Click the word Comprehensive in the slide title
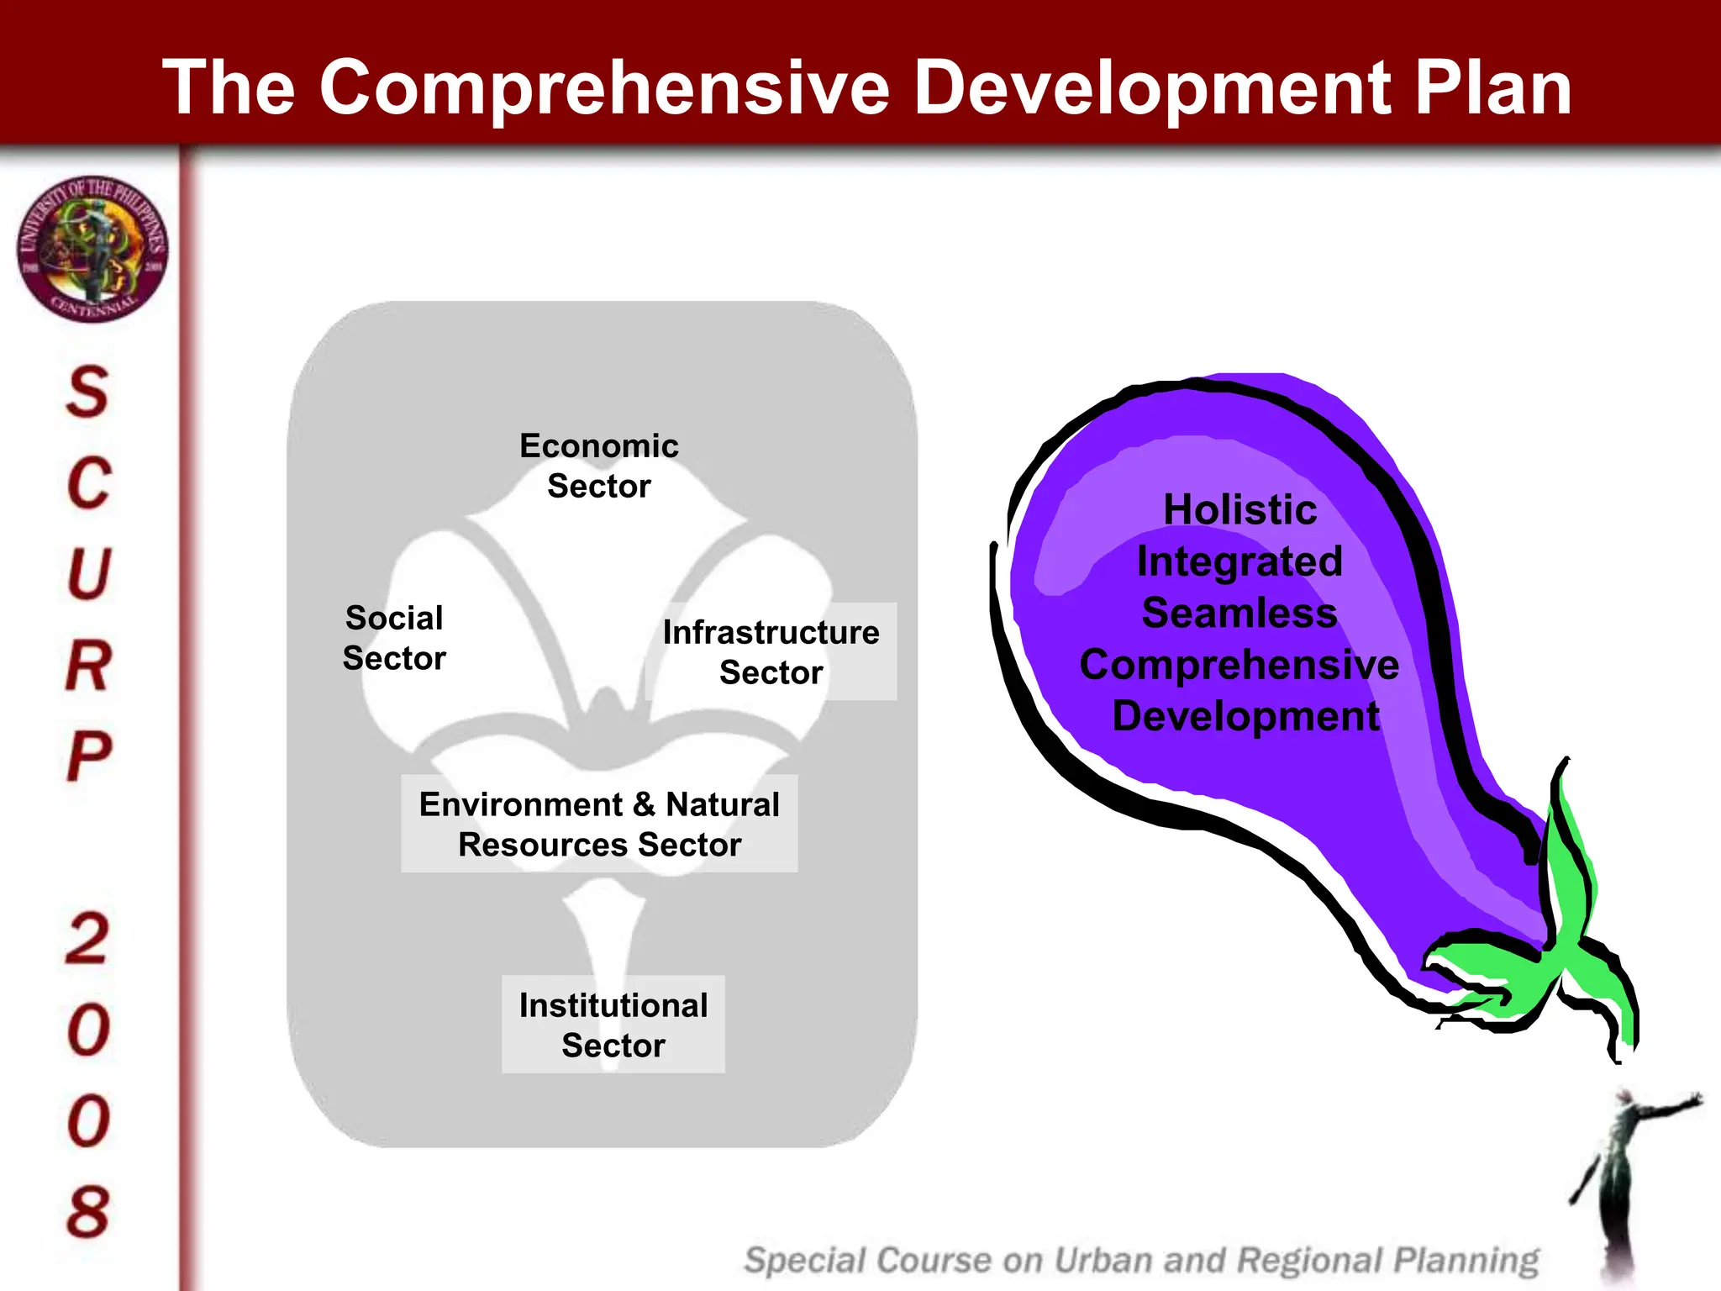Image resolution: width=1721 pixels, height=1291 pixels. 604,88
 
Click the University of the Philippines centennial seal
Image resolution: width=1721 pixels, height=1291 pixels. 92,249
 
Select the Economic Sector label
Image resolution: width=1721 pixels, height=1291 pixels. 598,466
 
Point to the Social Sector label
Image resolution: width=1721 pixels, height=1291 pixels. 393,638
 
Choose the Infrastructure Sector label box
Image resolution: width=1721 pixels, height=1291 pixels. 771,652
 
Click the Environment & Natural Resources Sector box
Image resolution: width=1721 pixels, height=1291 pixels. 599,824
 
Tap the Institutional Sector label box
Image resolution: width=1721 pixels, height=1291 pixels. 613,1025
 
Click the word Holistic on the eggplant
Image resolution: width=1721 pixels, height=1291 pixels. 1239,510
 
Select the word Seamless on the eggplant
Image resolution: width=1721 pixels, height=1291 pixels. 1239,613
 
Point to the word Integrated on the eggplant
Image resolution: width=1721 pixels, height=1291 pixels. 1239,561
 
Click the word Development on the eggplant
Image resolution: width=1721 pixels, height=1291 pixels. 1245,716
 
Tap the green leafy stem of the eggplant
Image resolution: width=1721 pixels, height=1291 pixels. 1555,950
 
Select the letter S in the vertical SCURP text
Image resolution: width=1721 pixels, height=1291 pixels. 87,392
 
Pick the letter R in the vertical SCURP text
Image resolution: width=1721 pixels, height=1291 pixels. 87,666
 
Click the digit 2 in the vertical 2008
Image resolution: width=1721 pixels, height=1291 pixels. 87,938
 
